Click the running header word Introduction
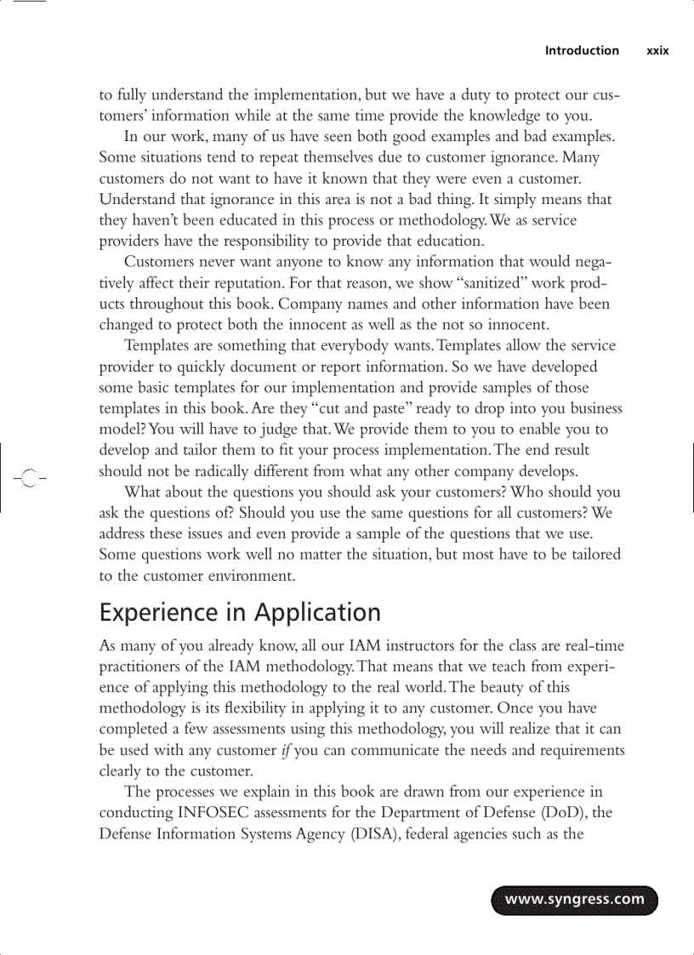click(x=582, y=51)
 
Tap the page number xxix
click(x=657, y=51)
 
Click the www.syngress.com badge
click(x=574, y=900)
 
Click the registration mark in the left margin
click(x=28, y=478)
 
